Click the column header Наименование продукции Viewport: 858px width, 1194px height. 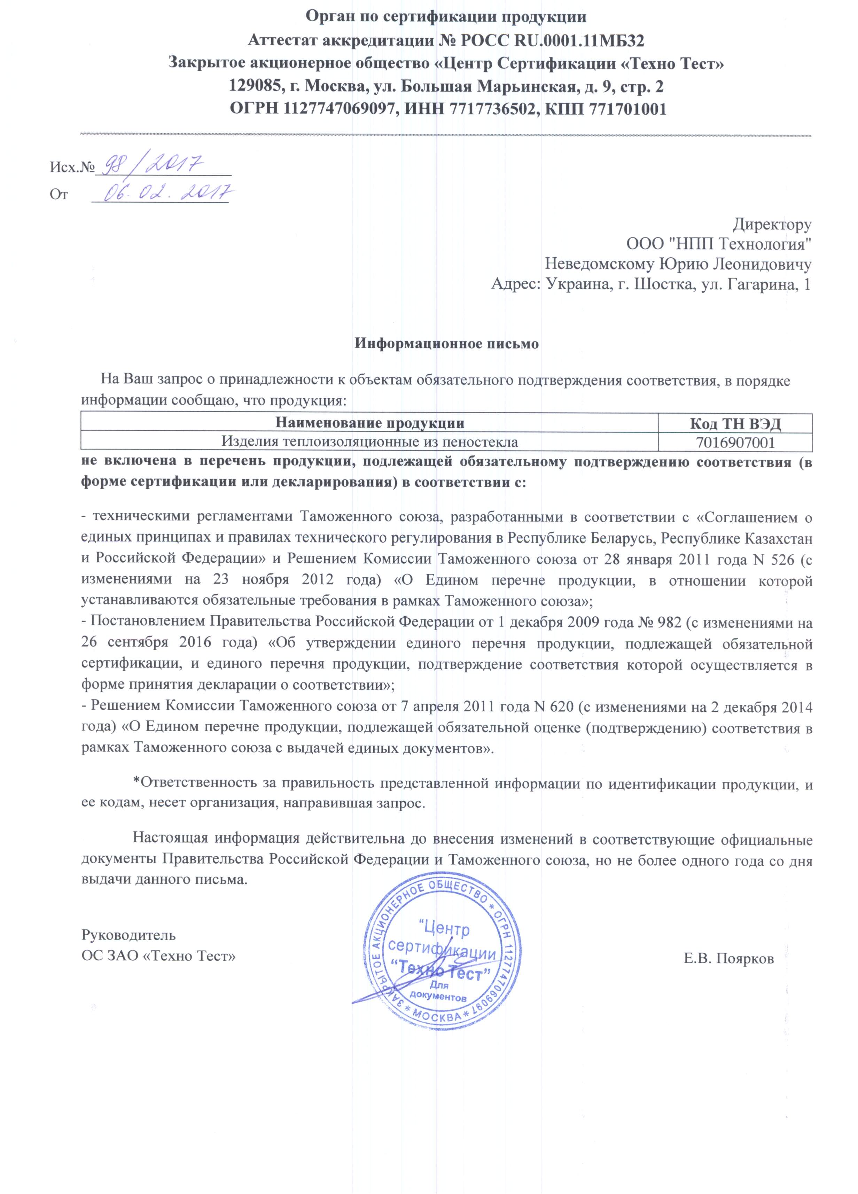tap(370, 423)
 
